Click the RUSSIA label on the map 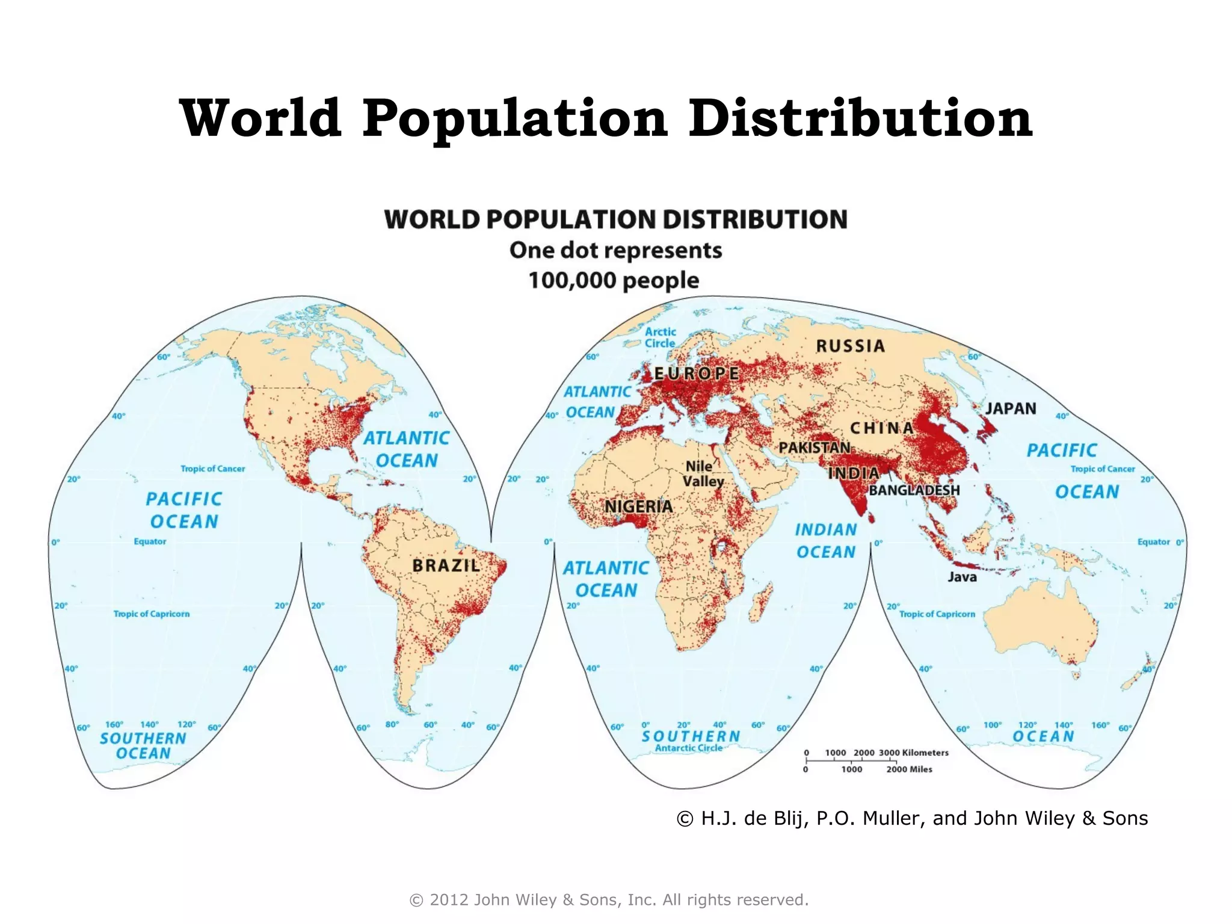click(850, 346)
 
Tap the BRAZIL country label click(446, 565)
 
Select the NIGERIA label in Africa click(638, 507)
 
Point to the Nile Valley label click(703, 474)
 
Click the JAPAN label click(1011, 408)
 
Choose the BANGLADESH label click(914, 490)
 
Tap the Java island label click(962, 577)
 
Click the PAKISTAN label click(814, 448)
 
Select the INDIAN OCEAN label click(826, 540)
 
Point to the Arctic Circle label click(660, 337)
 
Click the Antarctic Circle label click(688, 748)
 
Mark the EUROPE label click(696, 374)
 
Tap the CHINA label click(881, 428)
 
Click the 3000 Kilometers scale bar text click(913, 753)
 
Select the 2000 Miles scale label click(909, 769)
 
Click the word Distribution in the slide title click(860, 118)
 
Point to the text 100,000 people click(614, 280)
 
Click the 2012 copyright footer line click(609, 900)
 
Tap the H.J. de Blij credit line click(912, 818)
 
